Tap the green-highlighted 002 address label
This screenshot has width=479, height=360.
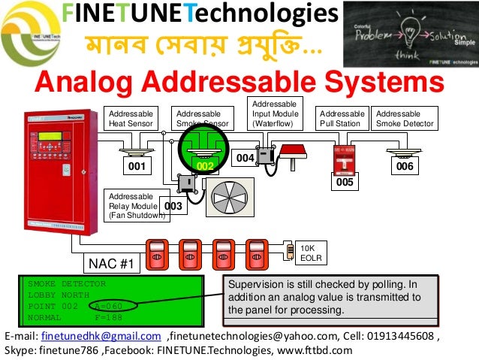coord(206,165)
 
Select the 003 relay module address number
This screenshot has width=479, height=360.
coord(173,205)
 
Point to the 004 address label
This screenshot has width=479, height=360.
coord(245,159)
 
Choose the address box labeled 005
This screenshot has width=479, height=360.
coord(345,182)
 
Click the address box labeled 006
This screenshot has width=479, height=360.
coord(405,166)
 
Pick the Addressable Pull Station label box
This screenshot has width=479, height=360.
coord(342,118)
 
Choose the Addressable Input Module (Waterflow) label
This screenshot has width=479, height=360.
coord(275,113)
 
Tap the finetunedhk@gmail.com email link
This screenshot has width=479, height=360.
coord(101,335)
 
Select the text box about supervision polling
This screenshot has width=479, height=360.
coord(324,297)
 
